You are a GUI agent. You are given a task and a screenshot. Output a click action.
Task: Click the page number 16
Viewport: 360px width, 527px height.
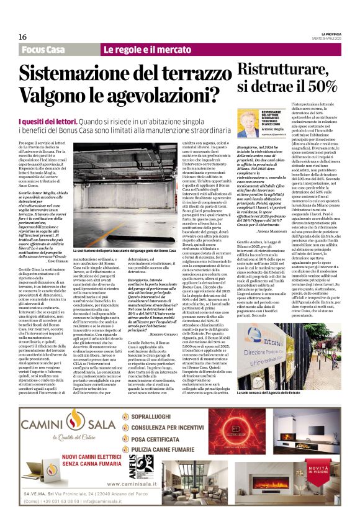pyautogui.click(x=23, y=37)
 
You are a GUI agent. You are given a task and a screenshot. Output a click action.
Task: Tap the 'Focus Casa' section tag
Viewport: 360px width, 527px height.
pyautogui.click(x=44, y=49)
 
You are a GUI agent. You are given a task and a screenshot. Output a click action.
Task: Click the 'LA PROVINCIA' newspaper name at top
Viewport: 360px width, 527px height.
pyautogui.click(x=327, y=34)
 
